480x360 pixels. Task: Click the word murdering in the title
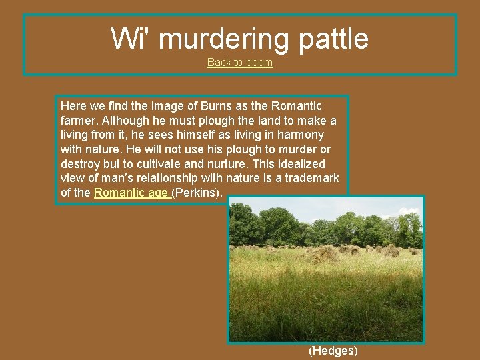[224, 39]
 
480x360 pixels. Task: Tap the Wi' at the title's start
[131, 39]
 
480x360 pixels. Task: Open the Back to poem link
[240, 63]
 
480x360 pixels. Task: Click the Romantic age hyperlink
[131, 193]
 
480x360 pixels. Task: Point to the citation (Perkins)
[199, 193]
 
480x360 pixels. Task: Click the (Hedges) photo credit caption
[333, 351]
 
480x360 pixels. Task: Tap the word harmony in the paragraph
[301, 135]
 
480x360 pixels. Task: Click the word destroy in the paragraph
[79, 164]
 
